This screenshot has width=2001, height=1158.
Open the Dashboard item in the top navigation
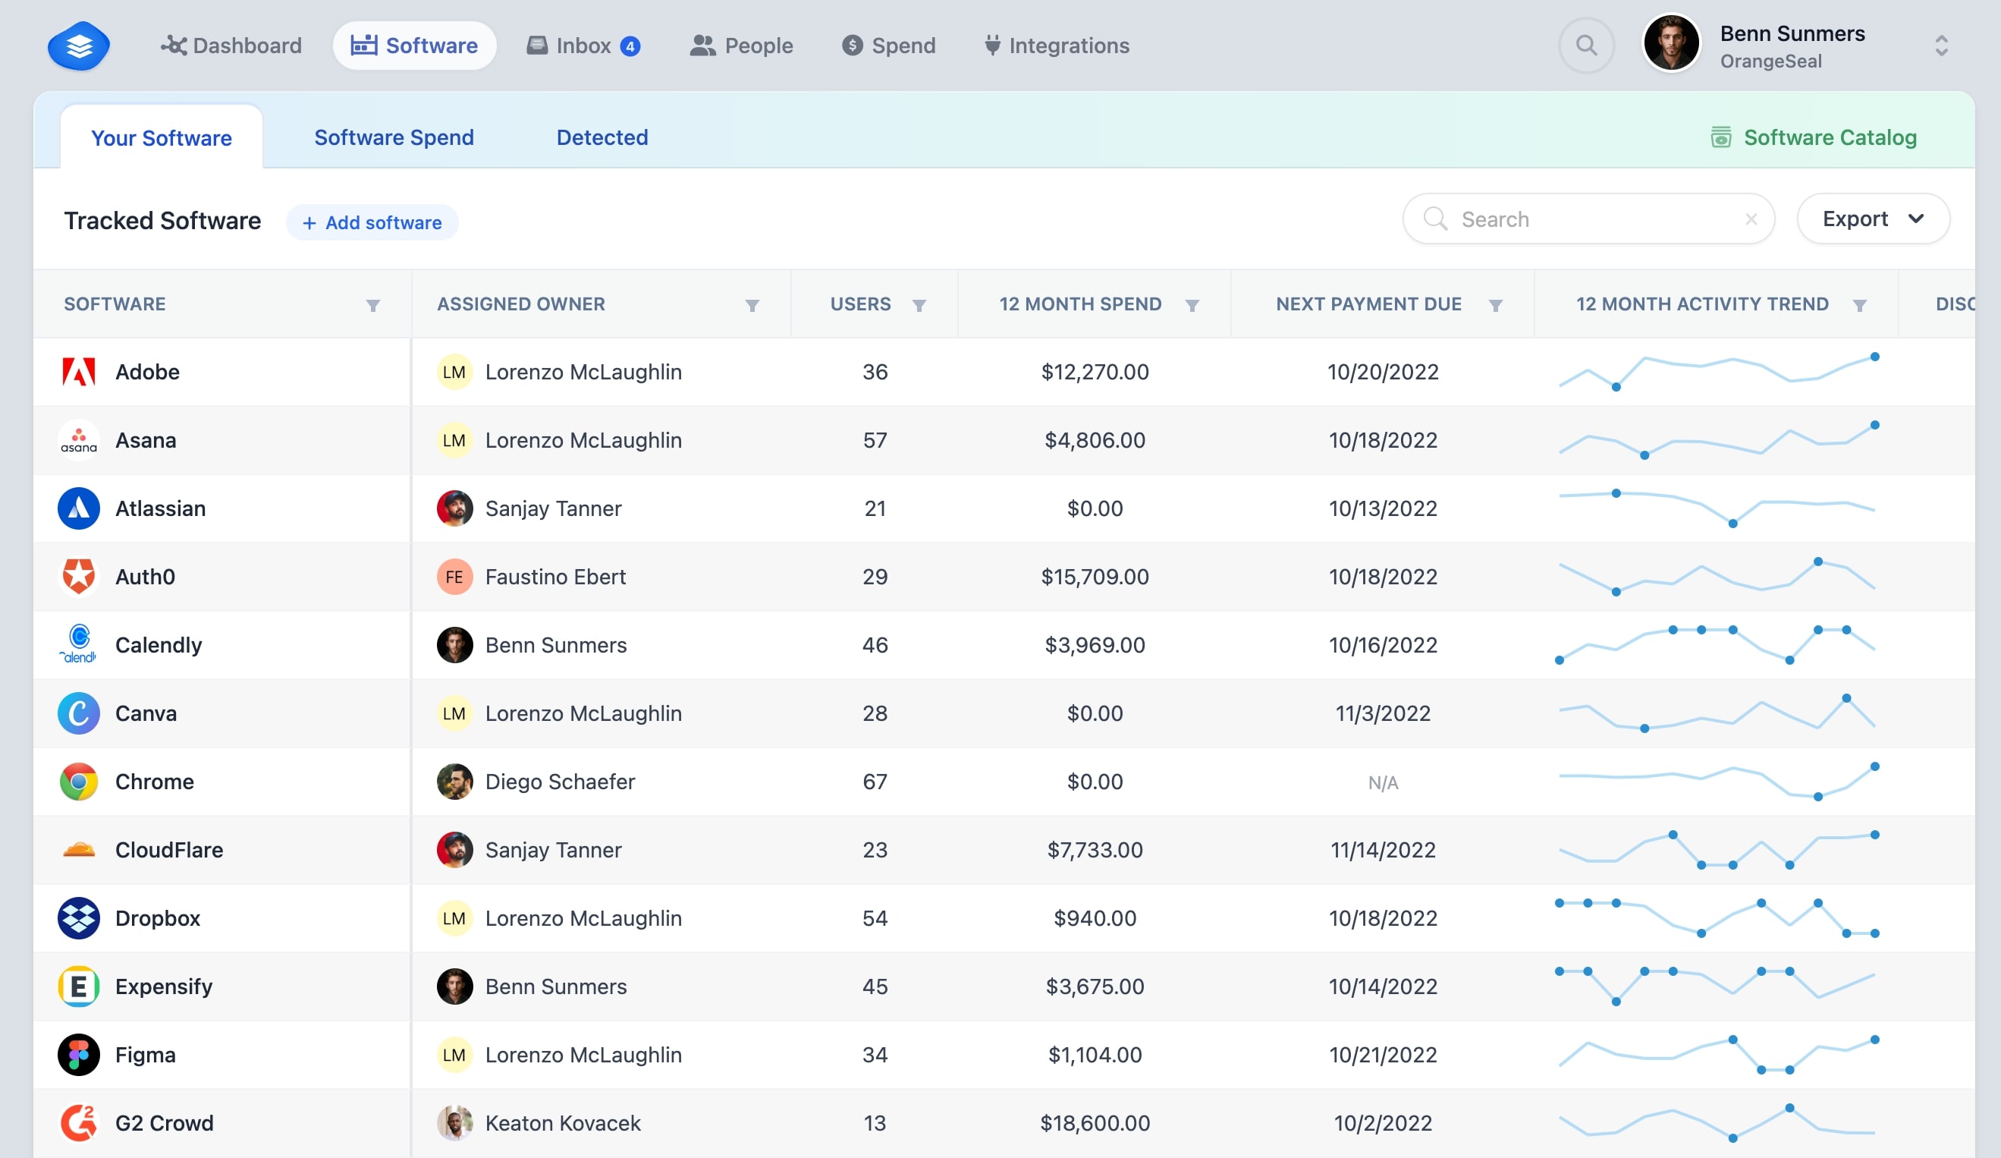tap(231, 46)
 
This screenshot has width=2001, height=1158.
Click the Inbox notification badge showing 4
tap(630, 46)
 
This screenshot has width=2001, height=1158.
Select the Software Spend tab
tap(394, 137)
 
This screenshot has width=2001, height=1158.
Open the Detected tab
tap(602, 137)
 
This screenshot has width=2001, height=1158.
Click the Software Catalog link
tap(1814, 137)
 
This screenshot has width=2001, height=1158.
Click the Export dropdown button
tap(1872, 219)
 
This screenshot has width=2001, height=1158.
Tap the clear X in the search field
tap(1751, 219)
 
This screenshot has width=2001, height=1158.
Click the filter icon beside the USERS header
tap(919, 305)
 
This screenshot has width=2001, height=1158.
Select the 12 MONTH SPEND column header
tap(1080, 304)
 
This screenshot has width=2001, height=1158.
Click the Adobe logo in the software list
tap(79, 372)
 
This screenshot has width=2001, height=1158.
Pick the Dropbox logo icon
tap(79, 918)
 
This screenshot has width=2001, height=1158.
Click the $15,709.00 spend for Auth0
tap(1095, 577)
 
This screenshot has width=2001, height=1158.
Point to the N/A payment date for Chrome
tap(1383, 782)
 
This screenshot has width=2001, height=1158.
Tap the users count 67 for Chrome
tap(875, 782)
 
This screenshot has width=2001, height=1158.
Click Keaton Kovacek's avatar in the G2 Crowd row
tap(454, 1123)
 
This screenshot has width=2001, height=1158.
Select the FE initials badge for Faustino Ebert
tap(454, 577)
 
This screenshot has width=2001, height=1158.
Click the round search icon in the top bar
tap(1586, 46)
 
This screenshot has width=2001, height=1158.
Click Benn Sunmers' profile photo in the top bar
tap(1671, 44)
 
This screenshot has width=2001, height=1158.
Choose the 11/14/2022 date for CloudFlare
tap(1383, 850)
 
